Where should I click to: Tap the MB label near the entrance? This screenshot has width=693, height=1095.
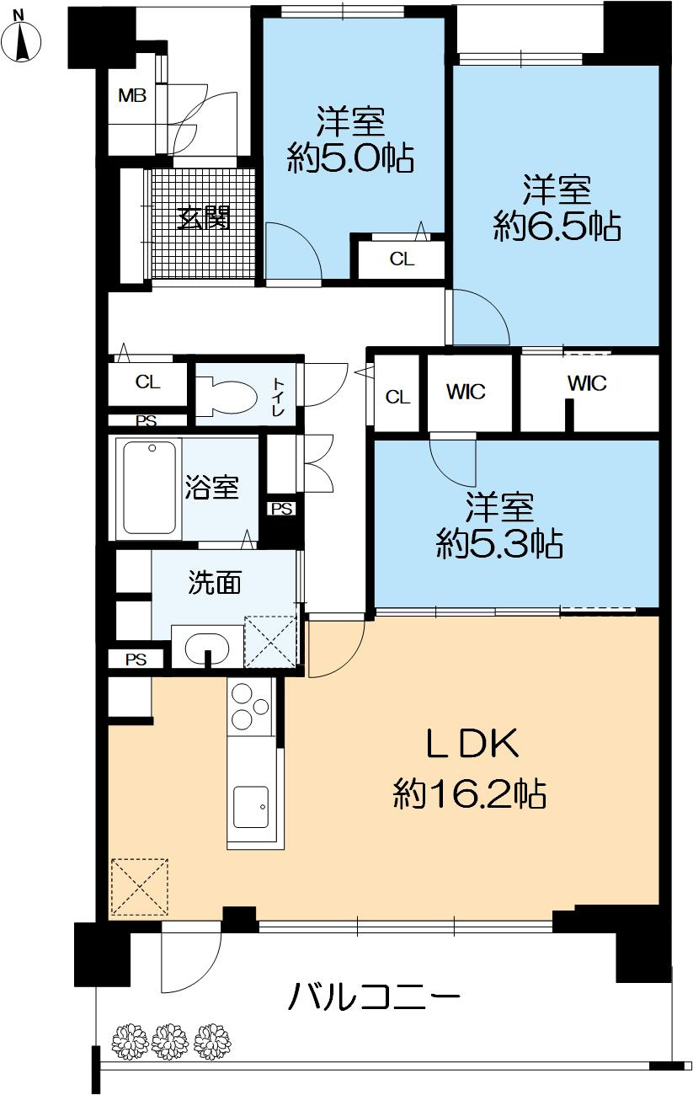click(x=132, y=96)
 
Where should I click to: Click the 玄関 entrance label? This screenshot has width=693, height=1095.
click(x=203, y=217)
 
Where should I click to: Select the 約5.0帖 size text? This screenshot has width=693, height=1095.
click(x=350, y=158)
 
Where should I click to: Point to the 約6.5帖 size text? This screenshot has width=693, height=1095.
click(x=557, y=226)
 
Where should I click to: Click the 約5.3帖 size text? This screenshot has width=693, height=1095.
click(x=499, y=543)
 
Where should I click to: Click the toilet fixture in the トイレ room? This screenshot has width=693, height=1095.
click(x=227, y=397)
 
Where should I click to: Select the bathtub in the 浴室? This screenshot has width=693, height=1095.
click(x=149, y=488)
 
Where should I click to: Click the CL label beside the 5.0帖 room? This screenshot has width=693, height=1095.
click(x=402, y=259)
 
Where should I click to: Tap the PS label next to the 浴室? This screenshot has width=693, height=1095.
click(x=282, y=509)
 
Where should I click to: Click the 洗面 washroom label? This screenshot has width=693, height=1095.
click(x=215, y=583)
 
